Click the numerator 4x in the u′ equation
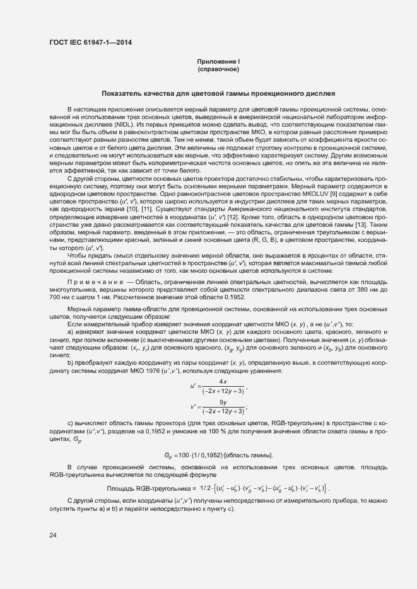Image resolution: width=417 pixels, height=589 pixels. click(x=222, y=382)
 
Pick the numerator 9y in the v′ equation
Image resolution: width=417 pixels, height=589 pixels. click(x=222, y=402)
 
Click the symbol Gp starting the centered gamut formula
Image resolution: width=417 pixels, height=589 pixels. click(x=168, y=455)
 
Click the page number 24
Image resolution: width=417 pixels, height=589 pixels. click(x=52, y=535)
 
